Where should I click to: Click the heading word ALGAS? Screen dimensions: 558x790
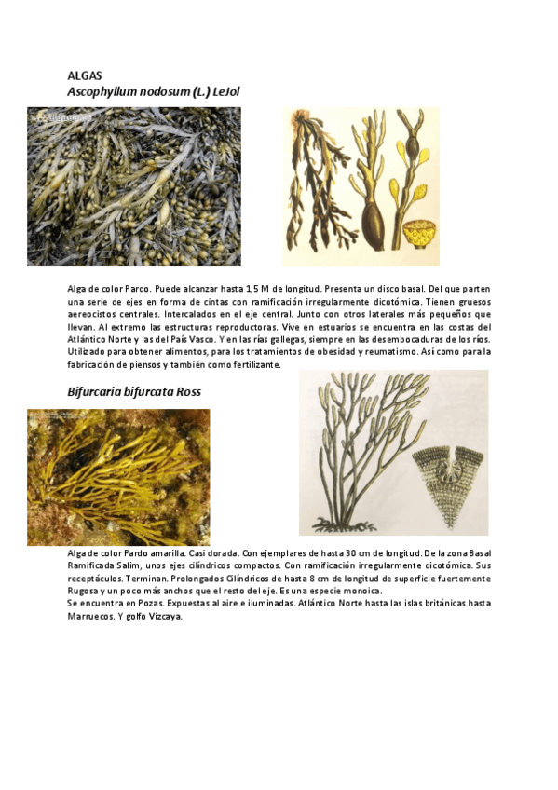[x=85, y=75]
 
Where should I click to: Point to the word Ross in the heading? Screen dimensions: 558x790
[x=188, y=392]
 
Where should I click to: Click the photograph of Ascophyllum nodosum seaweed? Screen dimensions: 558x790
[x=134, y=186]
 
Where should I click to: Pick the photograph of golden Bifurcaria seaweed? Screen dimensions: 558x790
[x=118, y=477]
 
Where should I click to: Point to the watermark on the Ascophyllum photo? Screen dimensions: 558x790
[x=61, y=118]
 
